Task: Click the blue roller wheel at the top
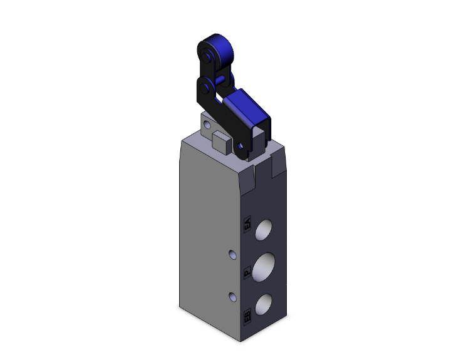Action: coord(217,49)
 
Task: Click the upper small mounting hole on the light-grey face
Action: coord(233,255)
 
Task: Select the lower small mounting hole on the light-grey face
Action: coord(233,296)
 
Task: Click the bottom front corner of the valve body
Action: coord(239,342)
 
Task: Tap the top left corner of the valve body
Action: coord(182,141)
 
